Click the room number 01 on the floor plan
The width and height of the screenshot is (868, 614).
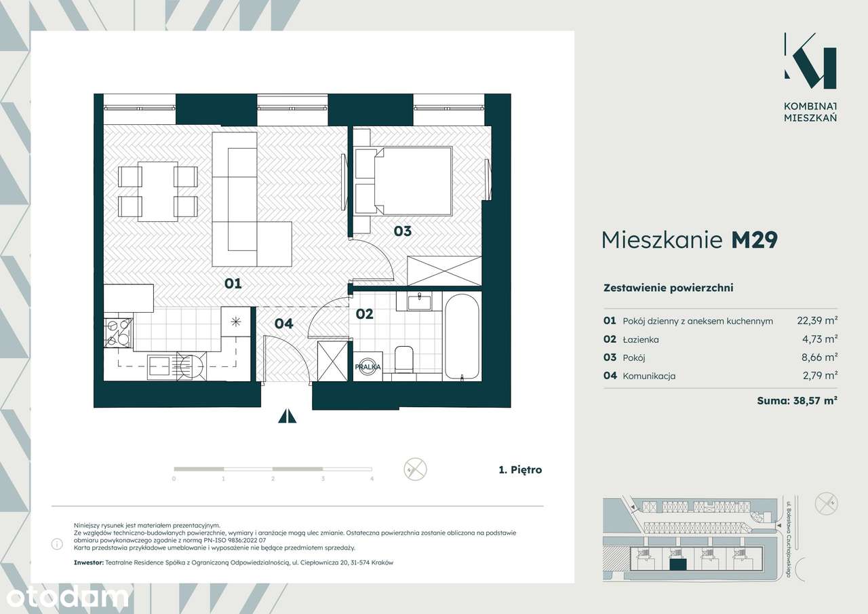pos(233,284)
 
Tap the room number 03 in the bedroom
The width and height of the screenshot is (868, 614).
pos(403,231)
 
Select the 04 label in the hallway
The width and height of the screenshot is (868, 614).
pos(284,323)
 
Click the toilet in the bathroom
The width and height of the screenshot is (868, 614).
pos(404,360)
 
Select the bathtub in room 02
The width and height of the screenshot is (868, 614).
pos(462,337)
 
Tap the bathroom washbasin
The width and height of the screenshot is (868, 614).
pos(419,302)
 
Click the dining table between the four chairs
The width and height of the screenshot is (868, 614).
pos(158,191)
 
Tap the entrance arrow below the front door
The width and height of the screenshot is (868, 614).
pos(287,415)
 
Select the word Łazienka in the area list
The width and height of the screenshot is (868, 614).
pos(641,339)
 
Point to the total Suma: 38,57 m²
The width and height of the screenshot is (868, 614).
pos(797,400)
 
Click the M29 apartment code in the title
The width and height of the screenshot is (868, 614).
pos(755,240)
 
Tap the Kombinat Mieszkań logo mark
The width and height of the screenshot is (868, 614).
pos(810,66)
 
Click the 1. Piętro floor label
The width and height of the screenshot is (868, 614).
pos(520,469)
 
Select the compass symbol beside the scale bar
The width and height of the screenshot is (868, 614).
pos(415,469)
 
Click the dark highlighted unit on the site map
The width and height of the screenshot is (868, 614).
pos(677,564)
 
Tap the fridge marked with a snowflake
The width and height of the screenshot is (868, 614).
pos(235,322)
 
